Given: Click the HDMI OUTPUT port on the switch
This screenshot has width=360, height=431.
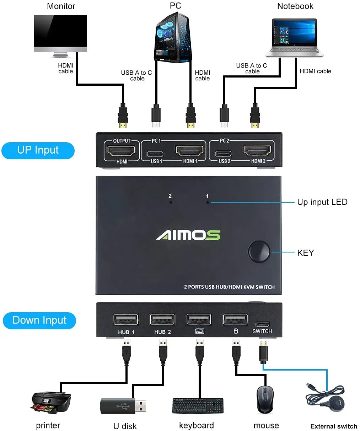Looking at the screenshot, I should (x=121, y=151).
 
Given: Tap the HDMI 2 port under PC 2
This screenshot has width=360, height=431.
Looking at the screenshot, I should (x=258, y=151).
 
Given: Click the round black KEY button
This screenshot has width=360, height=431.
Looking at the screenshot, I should (x=259, y=251).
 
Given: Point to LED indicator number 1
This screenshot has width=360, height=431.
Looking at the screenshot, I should (x=208, y=202).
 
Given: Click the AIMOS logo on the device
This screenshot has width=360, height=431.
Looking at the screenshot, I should (x=188, y=235).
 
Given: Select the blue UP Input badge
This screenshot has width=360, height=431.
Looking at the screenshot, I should (x=38, y=150).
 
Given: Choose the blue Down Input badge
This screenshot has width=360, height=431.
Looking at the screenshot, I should (x=39, y=320).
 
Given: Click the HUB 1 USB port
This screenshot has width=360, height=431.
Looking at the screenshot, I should (x=126, y=319).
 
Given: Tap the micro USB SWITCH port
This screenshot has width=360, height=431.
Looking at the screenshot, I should (x=262, y=324).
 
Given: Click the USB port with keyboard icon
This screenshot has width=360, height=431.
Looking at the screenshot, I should (x=199, y=319).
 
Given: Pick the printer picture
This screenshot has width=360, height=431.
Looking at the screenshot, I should (x=51, y=403).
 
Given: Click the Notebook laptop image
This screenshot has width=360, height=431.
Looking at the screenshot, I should (x=294, y=38).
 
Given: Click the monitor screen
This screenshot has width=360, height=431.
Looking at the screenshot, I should (x=60, y=31).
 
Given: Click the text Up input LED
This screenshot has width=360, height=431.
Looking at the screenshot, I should (x=322, y=202).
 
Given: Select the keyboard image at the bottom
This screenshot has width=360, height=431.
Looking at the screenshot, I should (x=198, y=406).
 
